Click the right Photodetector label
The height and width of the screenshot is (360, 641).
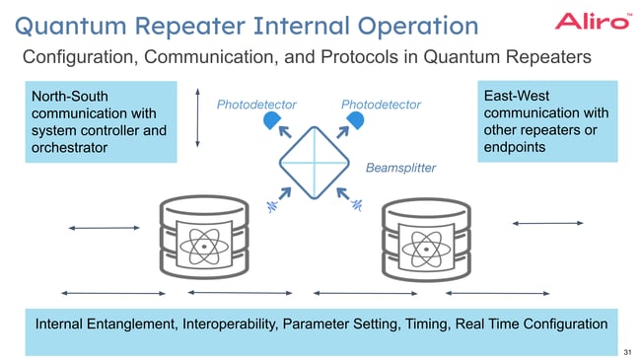click(x=381, y=105)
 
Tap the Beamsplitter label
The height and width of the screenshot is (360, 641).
click(x=400, y=168)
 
